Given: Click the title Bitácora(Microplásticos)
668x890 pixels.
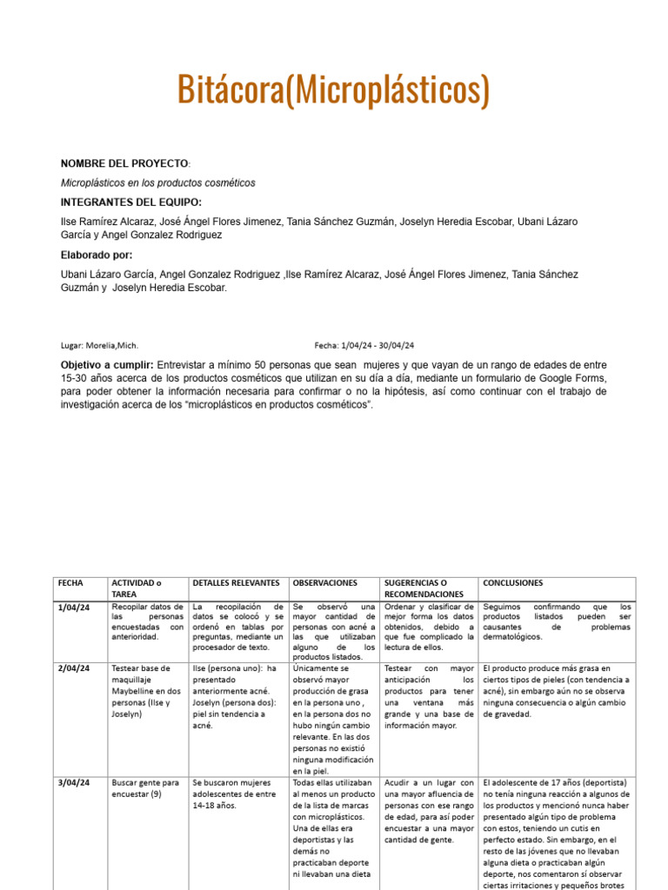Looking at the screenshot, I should coord(333,90).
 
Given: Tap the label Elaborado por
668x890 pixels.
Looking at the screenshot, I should coord(97,255).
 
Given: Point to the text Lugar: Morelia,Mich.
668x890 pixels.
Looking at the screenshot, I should coord(99,345).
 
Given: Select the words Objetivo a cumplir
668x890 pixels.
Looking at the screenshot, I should coord(107,364).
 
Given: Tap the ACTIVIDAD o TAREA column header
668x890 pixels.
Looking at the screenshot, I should coord(137,588).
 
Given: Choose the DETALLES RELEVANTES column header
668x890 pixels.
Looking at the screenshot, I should coord(236,582).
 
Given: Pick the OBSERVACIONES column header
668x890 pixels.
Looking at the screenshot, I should coord(325,582).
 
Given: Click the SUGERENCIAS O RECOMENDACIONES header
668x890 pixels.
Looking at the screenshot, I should coord(424,588).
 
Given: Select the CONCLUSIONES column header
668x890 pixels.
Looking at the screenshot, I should coord(513,582).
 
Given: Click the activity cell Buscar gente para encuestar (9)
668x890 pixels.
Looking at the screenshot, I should coord(145,788).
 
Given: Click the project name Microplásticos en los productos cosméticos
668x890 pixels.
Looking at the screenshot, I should coord(158,183).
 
